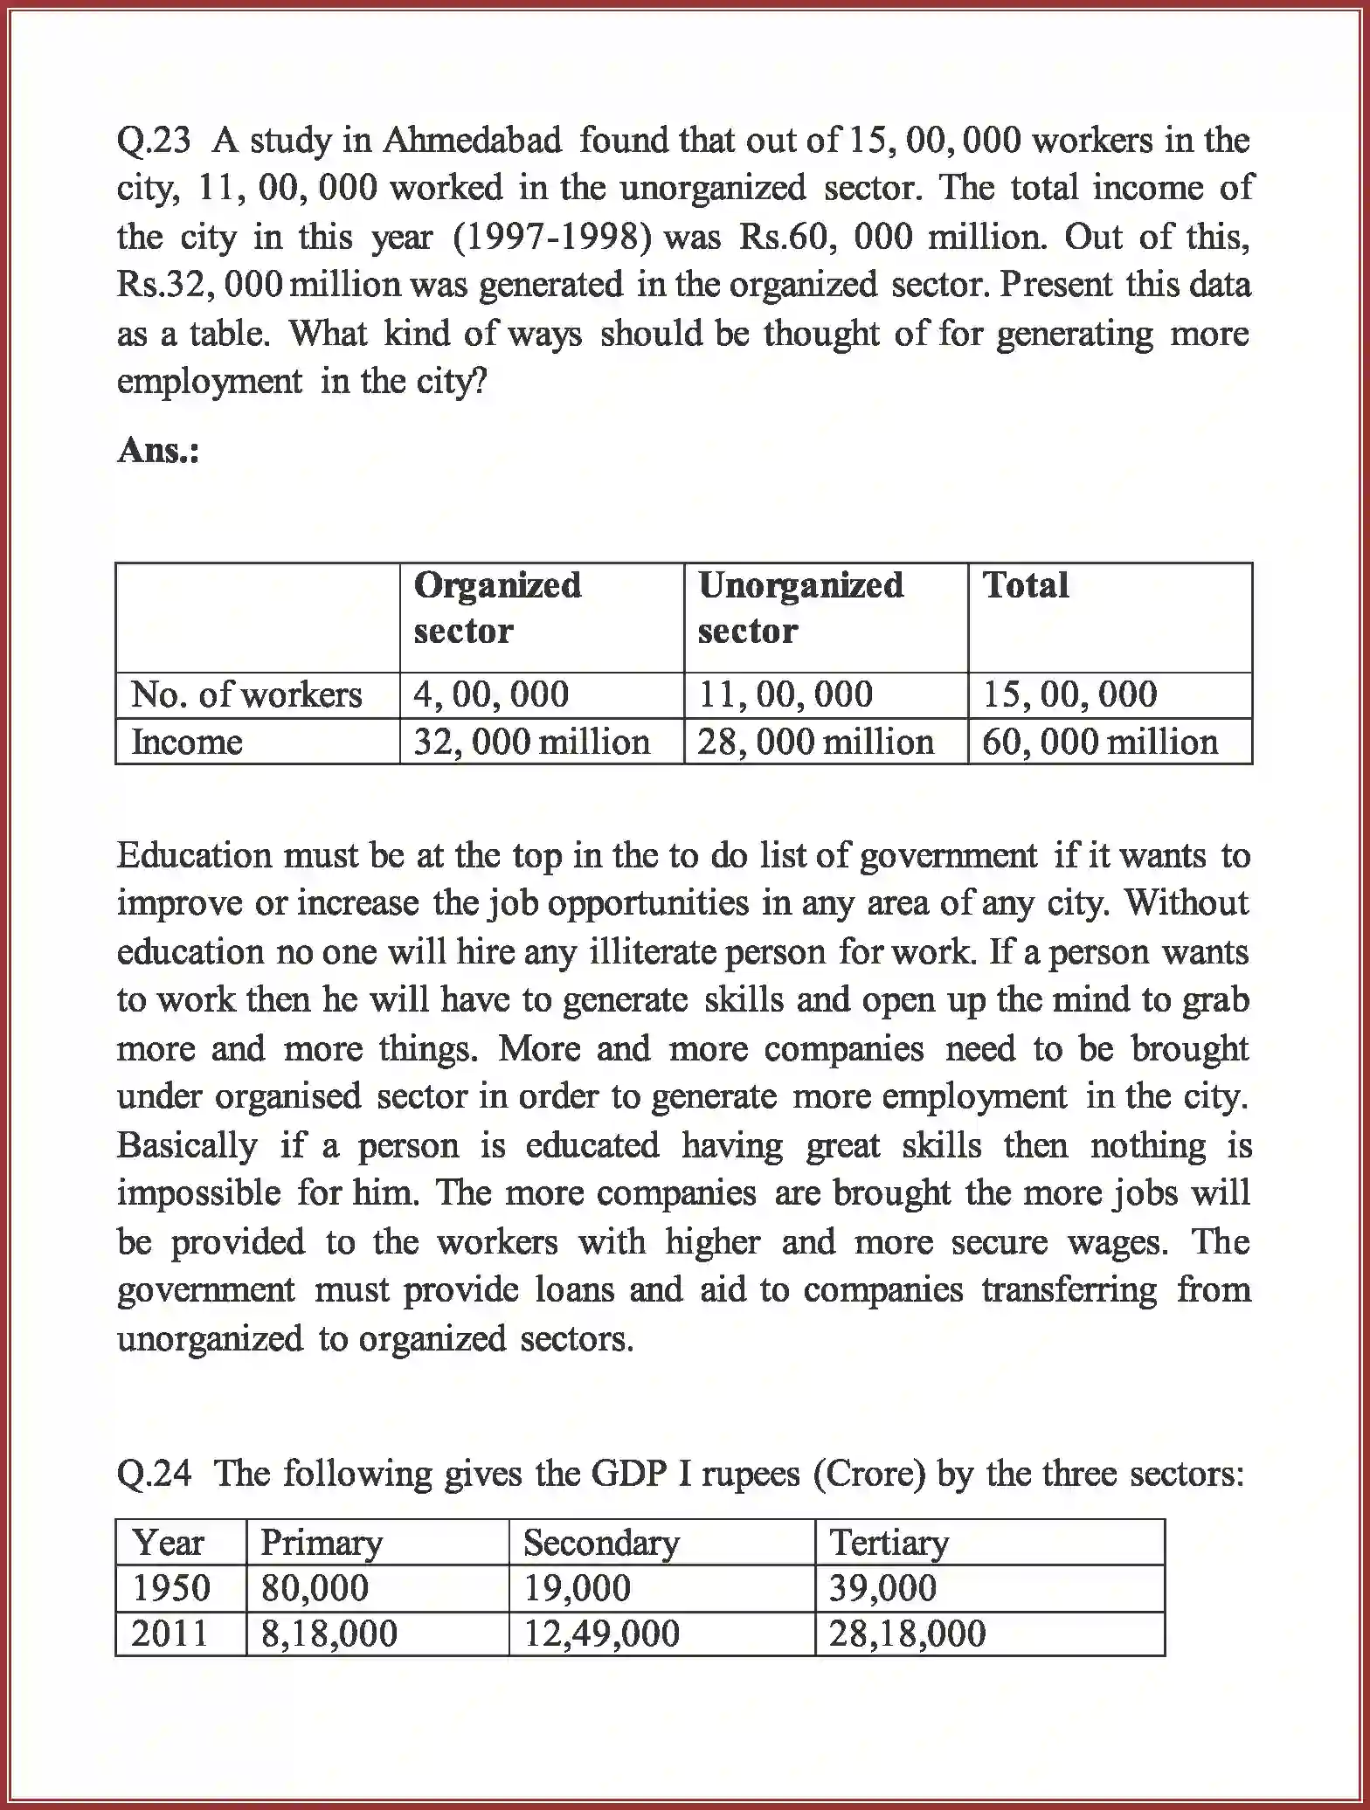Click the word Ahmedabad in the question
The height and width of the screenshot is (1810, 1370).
tap(473, 141)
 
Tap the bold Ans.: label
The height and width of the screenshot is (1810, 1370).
tap(158, 451)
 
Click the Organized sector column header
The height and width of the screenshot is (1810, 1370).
tap(497, 607)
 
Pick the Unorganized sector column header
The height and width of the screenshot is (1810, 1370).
tap(800, 607)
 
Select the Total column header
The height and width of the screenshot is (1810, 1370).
tap(1026, 585)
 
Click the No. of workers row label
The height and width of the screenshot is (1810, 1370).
tap(246, 695)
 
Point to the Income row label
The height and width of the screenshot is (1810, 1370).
tap(187, 743)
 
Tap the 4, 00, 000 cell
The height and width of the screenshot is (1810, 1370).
tap(491, 695)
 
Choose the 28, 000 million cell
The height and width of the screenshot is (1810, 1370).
tap(815, 743)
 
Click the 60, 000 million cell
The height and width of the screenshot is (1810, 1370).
tap(1100, 743)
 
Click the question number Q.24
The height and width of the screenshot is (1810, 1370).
tap(154, 1474)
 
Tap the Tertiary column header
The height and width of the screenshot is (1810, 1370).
tap(889, 1543)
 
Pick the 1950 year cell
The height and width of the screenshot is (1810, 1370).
tap(171, 1588)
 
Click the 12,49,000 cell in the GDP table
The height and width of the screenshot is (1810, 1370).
tap(601, 1634)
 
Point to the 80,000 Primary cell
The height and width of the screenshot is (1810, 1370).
tap(315, 1588)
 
